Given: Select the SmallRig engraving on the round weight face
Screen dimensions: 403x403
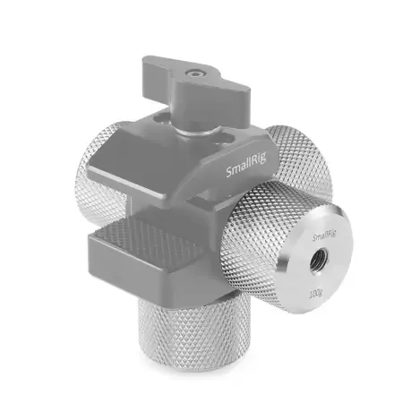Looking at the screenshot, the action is click(324, 236).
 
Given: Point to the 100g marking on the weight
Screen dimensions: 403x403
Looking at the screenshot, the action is click(315, 295).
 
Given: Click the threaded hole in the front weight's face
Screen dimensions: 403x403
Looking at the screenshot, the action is click(317, 262).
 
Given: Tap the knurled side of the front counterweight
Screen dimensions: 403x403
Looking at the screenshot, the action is click(253, 239).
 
